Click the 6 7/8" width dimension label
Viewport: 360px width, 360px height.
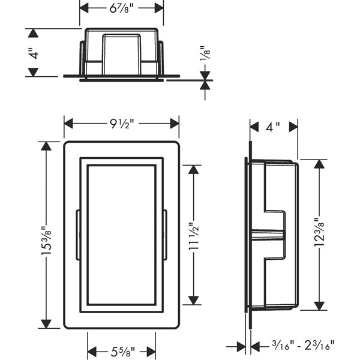click(x=121, y=9)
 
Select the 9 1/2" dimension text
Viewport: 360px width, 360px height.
click(x=121, y=124)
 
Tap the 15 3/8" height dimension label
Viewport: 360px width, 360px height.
click(x=46, y=241)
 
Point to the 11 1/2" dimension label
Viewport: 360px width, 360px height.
click(x=194, y=236)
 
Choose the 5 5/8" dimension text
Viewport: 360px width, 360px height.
click(x=122, y=352)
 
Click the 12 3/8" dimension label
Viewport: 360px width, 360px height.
click(x=319, y=232)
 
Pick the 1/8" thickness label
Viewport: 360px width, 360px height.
click(x=205, y=53)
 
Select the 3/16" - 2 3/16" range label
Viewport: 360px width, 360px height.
click(x=303, y=345)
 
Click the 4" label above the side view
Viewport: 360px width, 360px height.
click(x=273, y=127)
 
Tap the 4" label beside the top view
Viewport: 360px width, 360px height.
click(x=34, y=53)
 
